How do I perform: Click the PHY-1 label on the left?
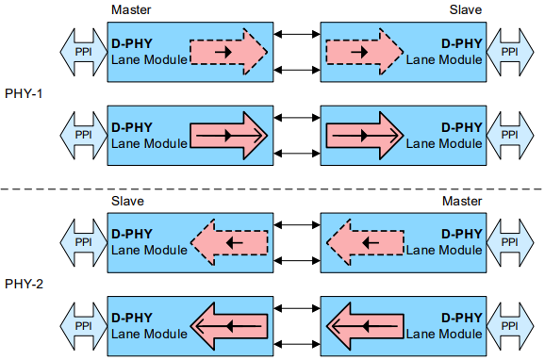pos(24,94)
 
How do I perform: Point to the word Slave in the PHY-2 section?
pos(127,201)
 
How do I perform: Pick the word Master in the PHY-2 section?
pos(462,201)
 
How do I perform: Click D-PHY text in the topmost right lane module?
pos(461,43)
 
